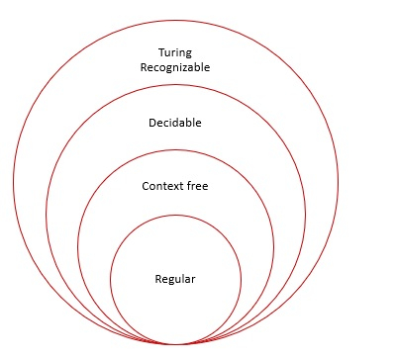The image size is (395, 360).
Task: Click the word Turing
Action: [175, 51]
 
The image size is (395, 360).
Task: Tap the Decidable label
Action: [175, 125]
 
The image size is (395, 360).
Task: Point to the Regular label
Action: [175, 278]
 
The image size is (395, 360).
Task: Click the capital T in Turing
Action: [160, 51]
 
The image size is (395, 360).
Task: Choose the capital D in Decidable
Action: [150, 125]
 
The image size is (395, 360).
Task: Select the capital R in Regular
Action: [157, 278]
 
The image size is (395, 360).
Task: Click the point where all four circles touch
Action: [175, 343]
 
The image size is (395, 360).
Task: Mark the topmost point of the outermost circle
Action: [175, 19]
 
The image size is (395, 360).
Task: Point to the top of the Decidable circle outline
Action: [175, 82]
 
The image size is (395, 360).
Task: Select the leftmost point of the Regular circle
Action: [110, 278]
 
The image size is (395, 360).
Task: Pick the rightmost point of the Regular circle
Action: [241, 278]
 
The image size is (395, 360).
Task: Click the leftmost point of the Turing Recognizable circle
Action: [13, 181]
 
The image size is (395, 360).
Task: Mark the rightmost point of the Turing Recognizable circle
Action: [338, 181]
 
